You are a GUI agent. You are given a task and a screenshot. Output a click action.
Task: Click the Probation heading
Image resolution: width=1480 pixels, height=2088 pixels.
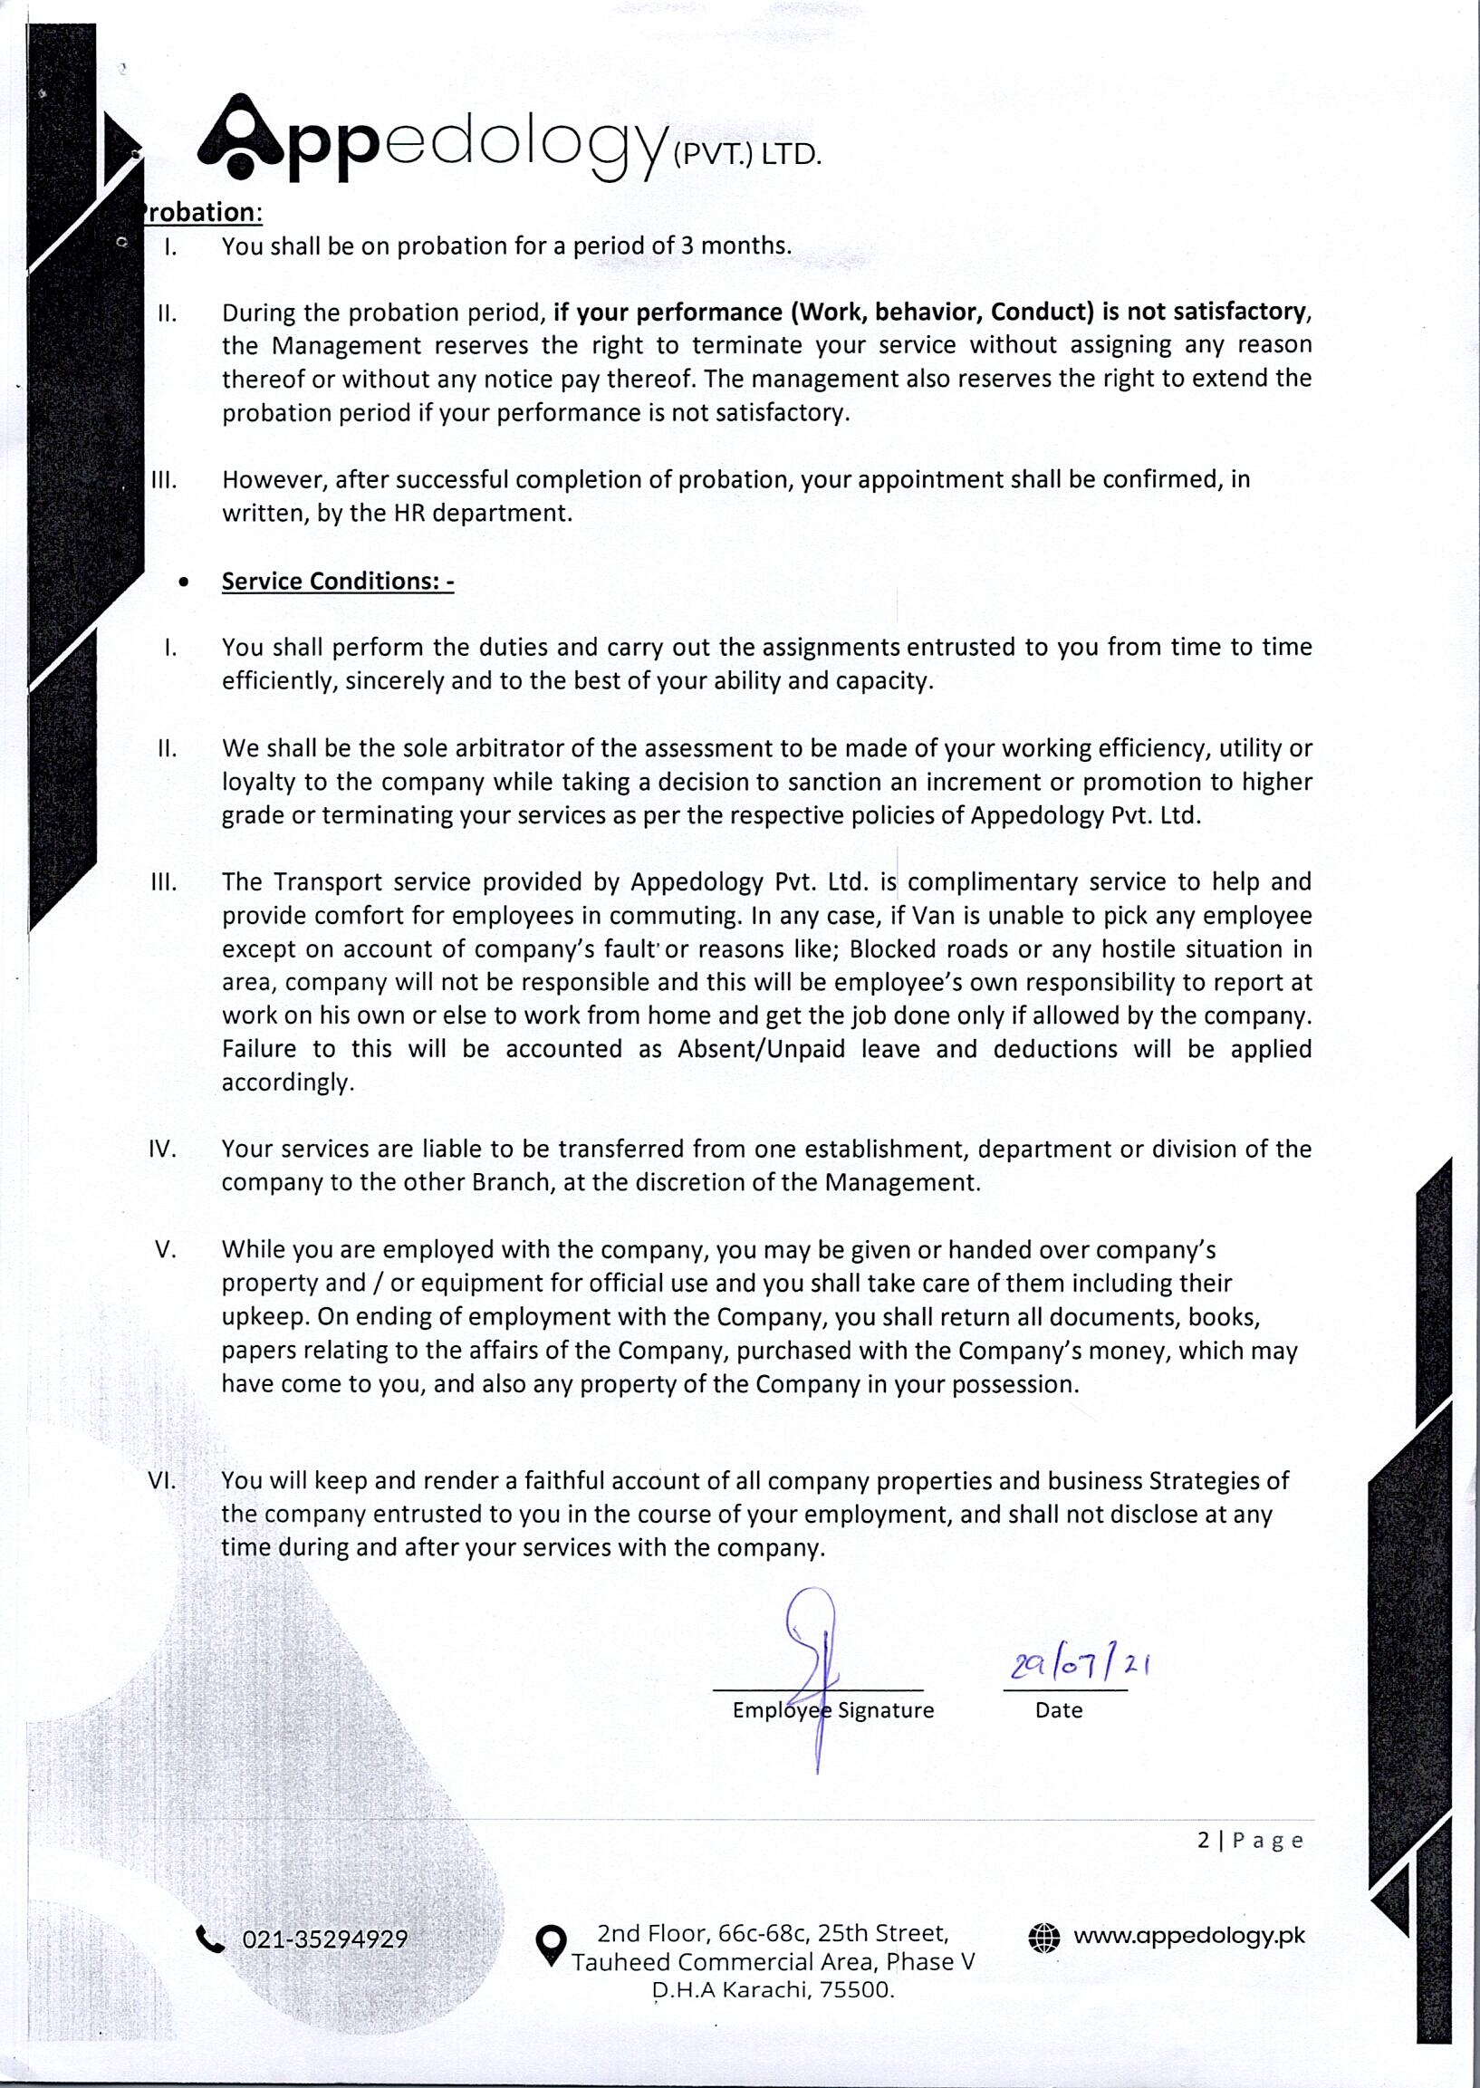pyautogui.click(x=201, y=212)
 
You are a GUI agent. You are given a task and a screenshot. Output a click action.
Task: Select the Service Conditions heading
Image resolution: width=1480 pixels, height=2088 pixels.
pyautogui.click(x=337, y=582)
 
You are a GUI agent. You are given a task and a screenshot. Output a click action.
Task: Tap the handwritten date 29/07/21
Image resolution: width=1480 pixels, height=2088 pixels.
pyautogui.click(x=1080, y=1666)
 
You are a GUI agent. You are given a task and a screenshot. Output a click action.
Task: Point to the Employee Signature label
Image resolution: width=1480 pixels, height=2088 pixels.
pyautogui.click(x=833, y=1710)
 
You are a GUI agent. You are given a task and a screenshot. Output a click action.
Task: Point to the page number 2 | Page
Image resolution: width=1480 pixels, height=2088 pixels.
pyautogui.click(x=1250, y=1841)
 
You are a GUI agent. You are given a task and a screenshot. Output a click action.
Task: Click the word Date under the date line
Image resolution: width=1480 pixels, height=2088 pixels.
pyautogui.click(x=1058, y=1710)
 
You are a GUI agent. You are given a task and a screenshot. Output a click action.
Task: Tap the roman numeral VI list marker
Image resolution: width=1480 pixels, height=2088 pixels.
pyautogui.click(x=161, y=1481)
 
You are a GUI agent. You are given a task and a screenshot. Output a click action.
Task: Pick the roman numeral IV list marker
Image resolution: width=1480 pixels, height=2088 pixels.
pyautogui.click(x=161, y=1150)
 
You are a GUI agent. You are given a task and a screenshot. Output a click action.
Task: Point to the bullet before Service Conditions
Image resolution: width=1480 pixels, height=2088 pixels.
pyautogui.click(x=185, y=582)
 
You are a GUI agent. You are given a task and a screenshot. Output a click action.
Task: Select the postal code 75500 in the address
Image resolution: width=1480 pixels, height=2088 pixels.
pyautogui.click(x=857, y=1989)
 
